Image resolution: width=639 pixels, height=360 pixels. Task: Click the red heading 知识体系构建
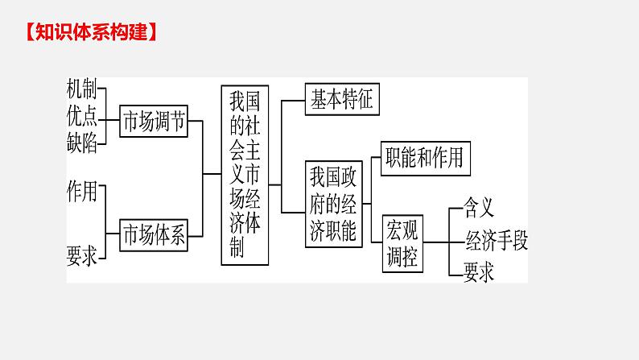[x=86, y=33]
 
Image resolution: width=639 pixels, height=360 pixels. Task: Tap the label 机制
[x=82, y=90]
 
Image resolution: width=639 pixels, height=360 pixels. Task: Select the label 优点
[x=82, y=116]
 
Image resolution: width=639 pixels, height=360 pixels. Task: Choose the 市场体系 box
[x=153, y=235]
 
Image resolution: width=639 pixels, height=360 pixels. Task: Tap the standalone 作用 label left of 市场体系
[x=82, y=191]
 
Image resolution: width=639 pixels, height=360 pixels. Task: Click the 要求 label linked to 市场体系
[x=82, y=256]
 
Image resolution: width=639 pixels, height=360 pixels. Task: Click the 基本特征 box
[x=341, y=99]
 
